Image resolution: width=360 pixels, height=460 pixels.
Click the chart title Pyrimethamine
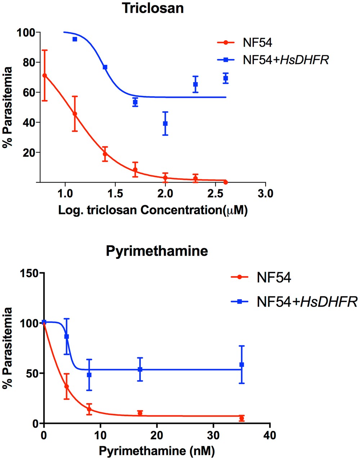[157, 251]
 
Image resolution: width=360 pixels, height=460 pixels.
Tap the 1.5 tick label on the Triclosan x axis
[115, 194]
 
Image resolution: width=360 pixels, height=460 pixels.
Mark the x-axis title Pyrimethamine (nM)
[157, 450]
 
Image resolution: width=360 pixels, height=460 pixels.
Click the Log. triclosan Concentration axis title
[153, 210]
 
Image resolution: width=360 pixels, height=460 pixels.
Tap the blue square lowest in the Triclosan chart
[165, 123]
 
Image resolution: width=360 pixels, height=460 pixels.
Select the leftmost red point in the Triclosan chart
[45, 76]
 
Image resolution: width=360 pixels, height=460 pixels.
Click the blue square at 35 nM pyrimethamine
[242, 365]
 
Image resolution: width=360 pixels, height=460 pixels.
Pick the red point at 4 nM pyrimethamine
[66, 387]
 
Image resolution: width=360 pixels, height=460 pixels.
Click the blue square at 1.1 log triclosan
[75, 39]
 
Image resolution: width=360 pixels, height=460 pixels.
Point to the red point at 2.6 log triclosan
[225, 182]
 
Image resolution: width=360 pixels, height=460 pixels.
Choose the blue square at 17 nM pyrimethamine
[140, 369]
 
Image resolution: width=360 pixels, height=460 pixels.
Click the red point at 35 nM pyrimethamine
[242, 418]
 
